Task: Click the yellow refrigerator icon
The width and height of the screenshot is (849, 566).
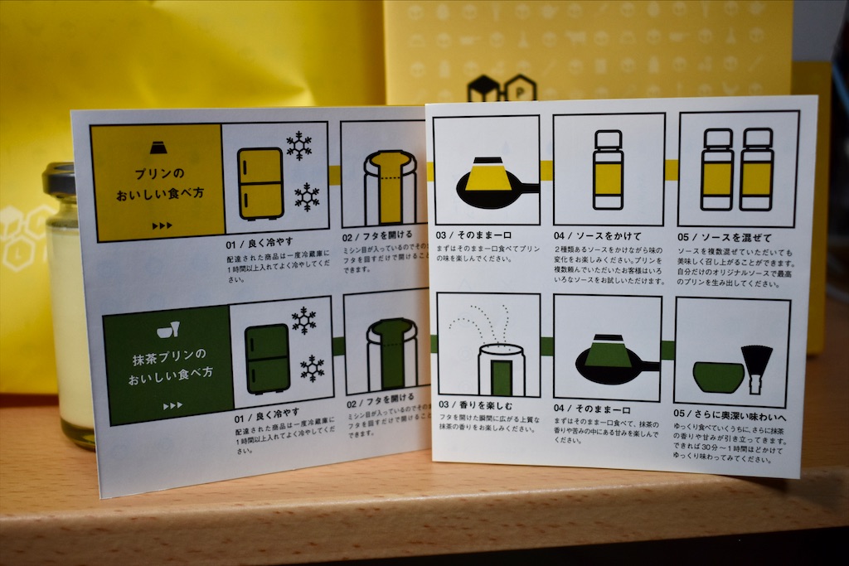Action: (261, 182)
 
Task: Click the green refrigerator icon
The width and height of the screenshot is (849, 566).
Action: (267, 358)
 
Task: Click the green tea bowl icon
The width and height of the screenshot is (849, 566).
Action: (718, 377)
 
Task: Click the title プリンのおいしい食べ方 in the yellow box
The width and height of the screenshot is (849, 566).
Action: (158, 187)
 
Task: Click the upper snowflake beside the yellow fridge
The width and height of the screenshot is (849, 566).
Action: (298, 145)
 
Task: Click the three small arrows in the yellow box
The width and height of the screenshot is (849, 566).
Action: (162, 225)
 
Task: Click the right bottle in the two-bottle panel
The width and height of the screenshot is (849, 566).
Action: (756, 170)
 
